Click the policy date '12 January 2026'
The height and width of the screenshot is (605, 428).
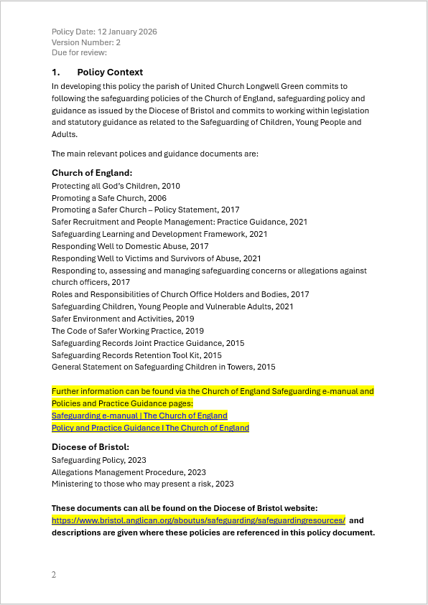pos(128,32)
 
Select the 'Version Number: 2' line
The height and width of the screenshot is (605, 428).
pos(86,42)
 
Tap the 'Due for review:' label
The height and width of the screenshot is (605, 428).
pos(79,52)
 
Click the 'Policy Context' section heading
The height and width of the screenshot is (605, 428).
pos(110,72)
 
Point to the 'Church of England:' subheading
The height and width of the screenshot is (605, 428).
pos(92,173)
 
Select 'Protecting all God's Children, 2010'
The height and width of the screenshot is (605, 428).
pos(116,186)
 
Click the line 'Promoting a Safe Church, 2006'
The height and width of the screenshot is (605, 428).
pos(109,198)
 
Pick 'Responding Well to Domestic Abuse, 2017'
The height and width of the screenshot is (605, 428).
pos(130,246)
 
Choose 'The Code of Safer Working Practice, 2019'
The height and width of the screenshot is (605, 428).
pos(128,331)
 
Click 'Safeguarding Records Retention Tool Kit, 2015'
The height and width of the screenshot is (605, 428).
pos(136,355)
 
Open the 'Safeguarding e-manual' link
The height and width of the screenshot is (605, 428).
pos(139,416)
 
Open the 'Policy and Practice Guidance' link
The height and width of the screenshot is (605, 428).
pos(150,428)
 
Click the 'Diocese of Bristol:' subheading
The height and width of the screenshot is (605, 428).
pos(90,447)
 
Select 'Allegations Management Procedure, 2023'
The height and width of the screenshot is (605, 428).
pos(129,472)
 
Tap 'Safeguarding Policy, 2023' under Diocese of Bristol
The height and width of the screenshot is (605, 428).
pos(99,460)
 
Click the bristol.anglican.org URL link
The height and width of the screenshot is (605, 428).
pos(198,520)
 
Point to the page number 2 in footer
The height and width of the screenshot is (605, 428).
pos(54,575)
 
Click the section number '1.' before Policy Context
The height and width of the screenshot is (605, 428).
pos(56,72)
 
